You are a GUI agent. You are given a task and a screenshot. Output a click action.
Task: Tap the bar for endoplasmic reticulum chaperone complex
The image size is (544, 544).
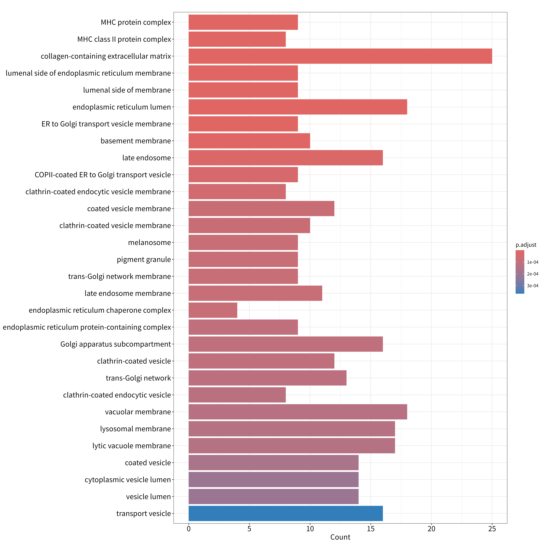[x=213, y=310]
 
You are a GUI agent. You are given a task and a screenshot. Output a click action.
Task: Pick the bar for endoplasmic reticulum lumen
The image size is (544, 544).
[x=298, y=107]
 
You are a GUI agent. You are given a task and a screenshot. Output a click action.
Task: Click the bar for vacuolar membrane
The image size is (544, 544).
[x=298, y=412]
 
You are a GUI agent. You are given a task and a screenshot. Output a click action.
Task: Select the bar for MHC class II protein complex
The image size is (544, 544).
[x=237, y=39]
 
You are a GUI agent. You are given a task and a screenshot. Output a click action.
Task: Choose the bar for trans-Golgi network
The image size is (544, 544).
[x=267, y=378]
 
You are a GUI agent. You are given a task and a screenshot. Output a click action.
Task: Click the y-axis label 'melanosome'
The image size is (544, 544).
[x=150, y=242]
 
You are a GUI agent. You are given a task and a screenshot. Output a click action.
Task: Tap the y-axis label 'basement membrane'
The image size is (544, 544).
[x=136, y=141]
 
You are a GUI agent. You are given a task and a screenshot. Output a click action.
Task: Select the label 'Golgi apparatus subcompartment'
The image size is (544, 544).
[x=116, y=344]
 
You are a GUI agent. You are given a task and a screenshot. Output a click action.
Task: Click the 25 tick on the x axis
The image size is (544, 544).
[x=492, y=529]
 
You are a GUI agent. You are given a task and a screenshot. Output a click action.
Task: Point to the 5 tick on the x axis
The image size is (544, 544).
[x=250, y=529]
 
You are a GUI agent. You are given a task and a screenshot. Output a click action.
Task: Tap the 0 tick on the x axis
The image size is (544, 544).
[x=189, y=529]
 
